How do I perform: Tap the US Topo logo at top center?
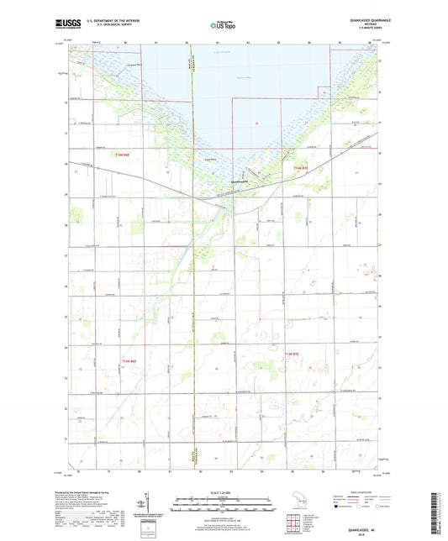click(x=223, y=26)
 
